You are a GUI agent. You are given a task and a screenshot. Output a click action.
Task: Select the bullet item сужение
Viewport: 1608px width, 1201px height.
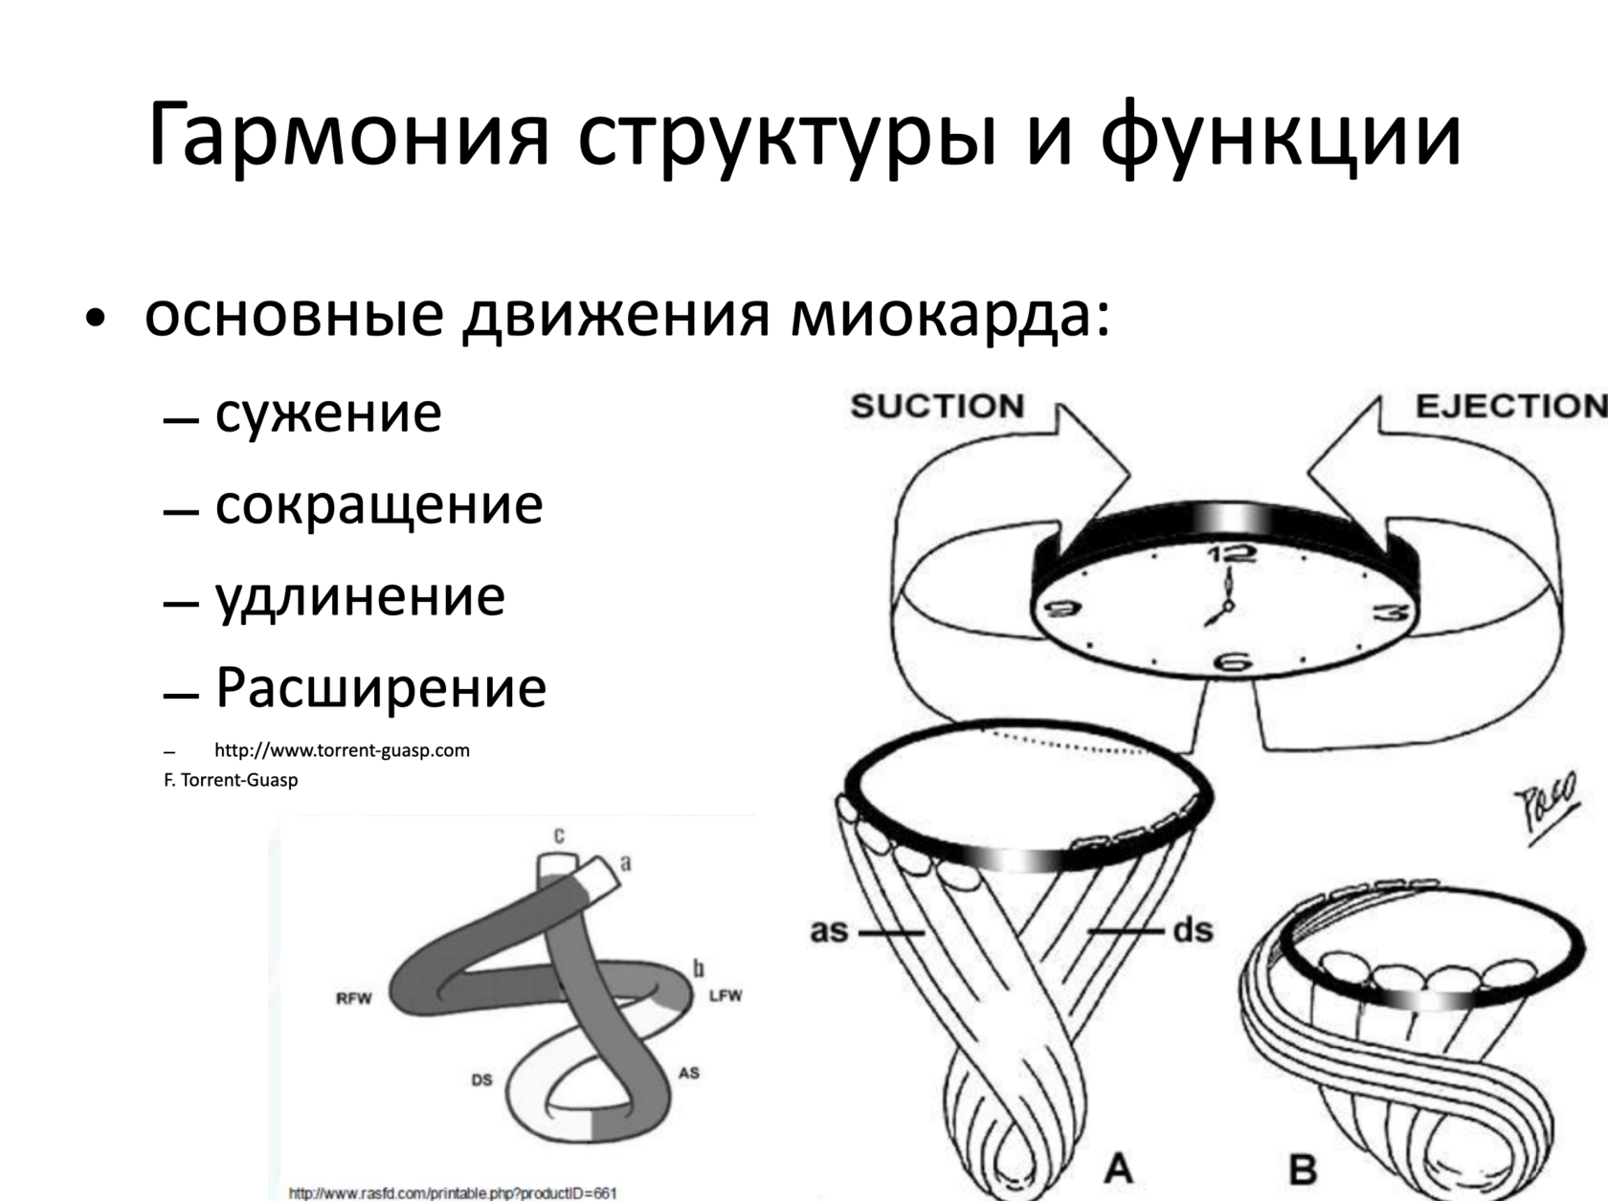(327, 412)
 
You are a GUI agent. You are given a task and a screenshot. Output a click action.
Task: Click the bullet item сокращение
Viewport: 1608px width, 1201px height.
(378, 504)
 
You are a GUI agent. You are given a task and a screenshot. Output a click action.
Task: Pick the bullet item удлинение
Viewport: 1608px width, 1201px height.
(359, 596)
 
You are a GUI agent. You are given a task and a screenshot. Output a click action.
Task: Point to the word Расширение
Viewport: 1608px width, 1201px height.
(381, 687)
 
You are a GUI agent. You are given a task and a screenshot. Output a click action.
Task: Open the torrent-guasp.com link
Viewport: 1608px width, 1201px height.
(342, 750)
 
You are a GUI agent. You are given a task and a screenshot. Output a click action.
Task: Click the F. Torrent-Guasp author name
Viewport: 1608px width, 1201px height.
(231, 780)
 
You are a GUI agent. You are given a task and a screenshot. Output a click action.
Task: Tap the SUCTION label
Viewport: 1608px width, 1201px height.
(936, 407)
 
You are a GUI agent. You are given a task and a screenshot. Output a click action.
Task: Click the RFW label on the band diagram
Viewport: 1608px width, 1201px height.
(353, 999)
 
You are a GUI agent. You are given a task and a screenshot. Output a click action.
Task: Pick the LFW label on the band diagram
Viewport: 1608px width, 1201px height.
(725, 996)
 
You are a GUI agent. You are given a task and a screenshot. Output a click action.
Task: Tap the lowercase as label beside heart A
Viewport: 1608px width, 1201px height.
(829, 930)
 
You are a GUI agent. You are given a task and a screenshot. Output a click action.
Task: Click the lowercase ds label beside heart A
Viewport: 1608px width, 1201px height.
(1193, 930)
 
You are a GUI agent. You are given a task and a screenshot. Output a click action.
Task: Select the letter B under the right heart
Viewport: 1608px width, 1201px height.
(1302, 1168)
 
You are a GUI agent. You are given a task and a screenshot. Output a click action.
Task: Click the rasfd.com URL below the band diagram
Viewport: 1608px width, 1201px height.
(452, 1193)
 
